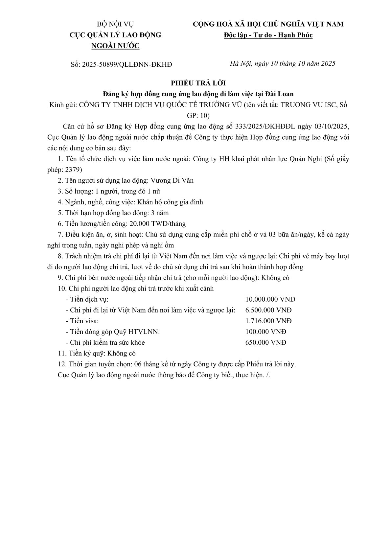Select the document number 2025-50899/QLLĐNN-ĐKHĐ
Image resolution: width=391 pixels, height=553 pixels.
[x=127, y=64]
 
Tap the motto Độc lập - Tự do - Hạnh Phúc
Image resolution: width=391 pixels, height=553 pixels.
[x=268, y=35]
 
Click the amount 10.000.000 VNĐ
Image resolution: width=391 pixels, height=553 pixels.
[x=270, y=299]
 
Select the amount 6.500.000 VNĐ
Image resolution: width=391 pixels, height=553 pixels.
[x=268, y=310]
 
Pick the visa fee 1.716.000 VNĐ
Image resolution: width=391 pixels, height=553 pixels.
[x=268, y=321]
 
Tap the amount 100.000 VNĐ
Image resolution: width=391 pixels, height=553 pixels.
[x=265, y=332]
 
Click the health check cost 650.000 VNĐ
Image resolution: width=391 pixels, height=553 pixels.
[x=265, y=343]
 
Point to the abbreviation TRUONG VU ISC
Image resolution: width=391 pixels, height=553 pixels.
[x=308, y=105]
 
